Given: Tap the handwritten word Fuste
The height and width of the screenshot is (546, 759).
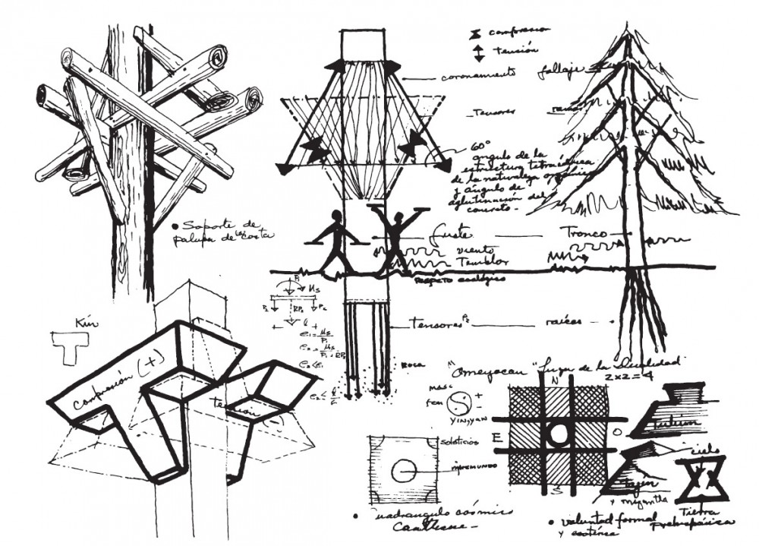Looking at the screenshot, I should [x=446, y=231].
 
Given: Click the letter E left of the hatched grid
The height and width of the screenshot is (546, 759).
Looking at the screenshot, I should [x=496, y=438].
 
